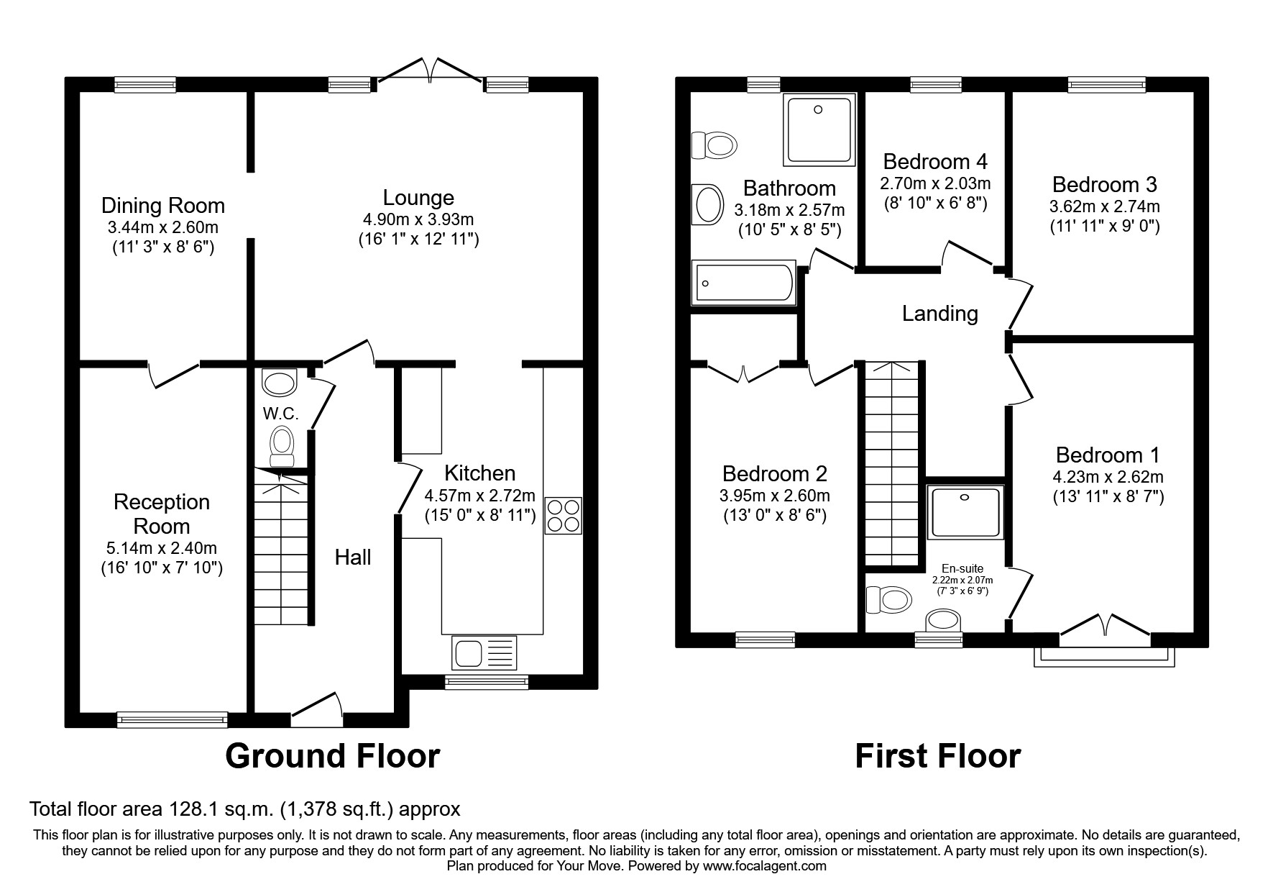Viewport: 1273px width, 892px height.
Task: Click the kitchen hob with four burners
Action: [563, 515]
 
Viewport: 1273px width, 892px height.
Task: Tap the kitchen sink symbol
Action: [484, 652]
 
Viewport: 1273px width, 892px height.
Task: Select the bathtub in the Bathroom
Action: [743, 283]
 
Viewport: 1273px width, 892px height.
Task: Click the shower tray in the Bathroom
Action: [819, 129]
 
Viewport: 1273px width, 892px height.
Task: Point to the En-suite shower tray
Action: [965, 512]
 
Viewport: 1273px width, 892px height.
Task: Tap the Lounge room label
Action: [418, 198]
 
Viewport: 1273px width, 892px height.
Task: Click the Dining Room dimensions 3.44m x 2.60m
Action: [163, 228]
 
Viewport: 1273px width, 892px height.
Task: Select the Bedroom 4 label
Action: [935, 161]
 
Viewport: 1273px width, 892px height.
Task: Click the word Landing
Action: [939, 314]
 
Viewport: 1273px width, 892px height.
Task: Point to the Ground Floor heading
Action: [332, 756]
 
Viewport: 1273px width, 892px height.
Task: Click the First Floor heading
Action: [937, 756]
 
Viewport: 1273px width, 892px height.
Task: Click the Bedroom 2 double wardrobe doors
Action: [743, 371]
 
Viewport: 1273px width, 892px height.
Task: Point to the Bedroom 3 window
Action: [1106, 85]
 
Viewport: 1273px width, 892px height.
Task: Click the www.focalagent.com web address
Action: [764, 866]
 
